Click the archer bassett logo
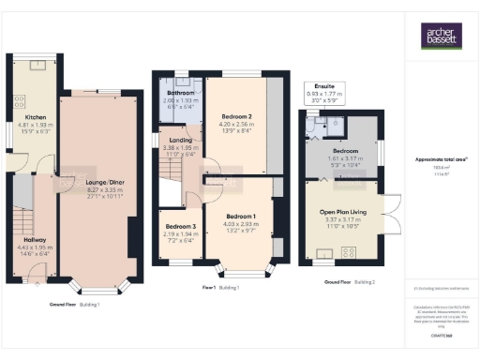(440, 37)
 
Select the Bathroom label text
(180, 94)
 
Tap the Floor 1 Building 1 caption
(223, 287)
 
